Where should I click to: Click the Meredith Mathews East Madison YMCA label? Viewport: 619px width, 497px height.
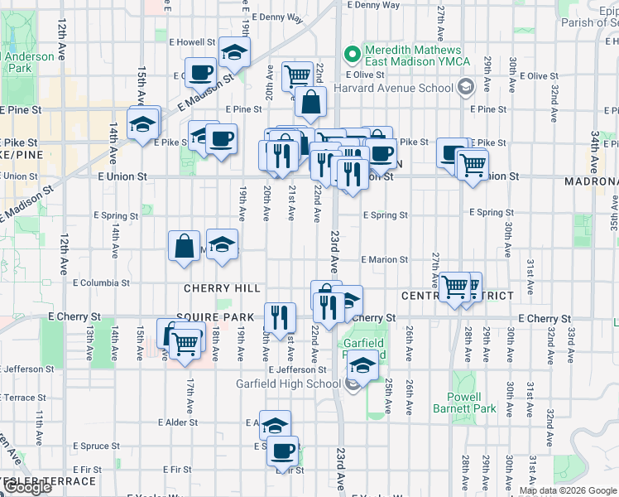pyautogui.click(x=415, y=55)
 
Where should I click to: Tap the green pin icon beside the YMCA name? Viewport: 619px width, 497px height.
pyautogui.click(x=353, y=55)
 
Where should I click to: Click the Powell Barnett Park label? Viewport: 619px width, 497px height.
pyautogui.click(x=464, y=403)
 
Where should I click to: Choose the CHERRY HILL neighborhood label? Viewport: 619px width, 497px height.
pyautogui.click(x=222, y=289)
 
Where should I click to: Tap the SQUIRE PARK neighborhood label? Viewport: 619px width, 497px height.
pyautogui.click(x=214, y=317)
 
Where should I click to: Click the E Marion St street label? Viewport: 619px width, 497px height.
pyautogui.click(x=385, y=259)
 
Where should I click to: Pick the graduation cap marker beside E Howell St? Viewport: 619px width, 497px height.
pyautogui.click(x=235, y=53)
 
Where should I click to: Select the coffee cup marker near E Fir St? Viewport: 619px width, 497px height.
pyautogui.click(x=282, y=451)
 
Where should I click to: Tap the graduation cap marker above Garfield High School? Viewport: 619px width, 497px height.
pyautogui.click(x=362, y=364)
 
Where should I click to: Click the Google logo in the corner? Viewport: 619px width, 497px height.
pyautogui.click(x=27, y=488)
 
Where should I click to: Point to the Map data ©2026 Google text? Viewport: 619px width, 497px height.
pyautogui.click(x=569, y=490)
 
